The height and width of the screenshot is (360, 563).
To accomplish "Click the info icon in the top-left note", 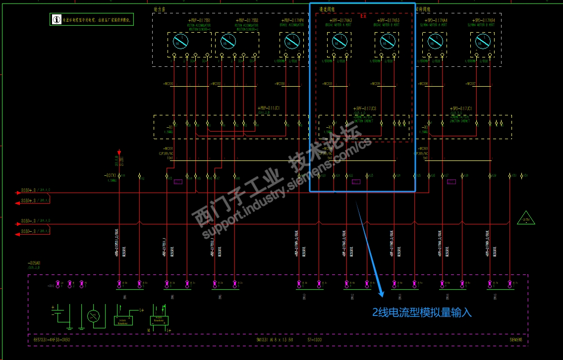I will click(56, 20).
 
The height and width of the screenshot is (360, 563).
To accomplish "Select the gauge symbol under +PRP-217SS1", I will click(181, 41).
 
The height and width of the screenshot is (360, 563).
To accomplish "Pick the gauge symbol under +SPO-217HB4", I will click(483, 41).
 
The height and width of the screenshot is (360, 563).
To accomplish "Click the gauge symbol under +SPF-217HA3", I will click(339, 41).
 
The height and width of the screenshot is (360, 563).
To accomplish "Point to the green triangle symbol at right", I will click(525, 218).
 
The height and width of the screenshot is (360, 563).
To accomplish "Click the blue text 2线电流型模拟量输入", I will click(422, 312).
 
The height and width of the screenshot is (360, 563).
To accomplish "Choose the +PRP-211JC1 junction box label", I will click(269, 108).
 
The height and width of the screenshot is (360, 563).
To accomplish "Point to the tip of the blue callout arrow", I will click(382, 296).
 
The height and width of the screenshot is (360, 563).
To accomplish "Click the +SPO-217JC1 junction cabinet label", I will click(461, 108).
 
